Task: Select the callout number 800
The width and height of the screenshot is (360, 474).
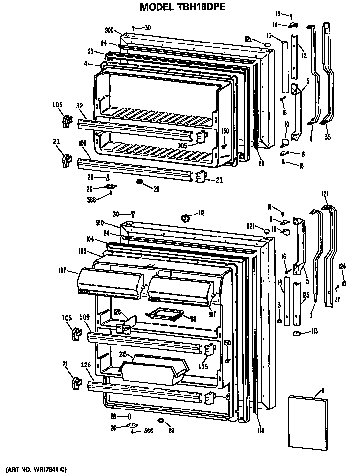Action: pyautogui.click(x=109, y=30)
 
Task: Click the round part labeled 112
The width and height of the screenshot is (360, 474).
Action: pyautogui.click(x=185, y=217)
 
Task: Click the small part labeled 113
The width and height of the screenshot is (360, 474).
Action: pyautogui.click(x=296, y=333)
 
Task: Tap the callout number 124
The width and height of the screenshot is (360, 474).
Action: pyautogui.click(x=343, y=266)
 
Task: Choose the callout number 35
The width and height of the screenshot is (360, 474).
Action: pyautogui.click(x=327, y=138)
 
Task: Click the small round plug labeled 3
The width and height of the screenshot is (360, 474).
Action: pyautogui.click(x=279, y=321)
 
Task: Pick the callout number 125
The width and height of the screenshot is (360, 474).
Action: pyautogui.click(x=306, y=295)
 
